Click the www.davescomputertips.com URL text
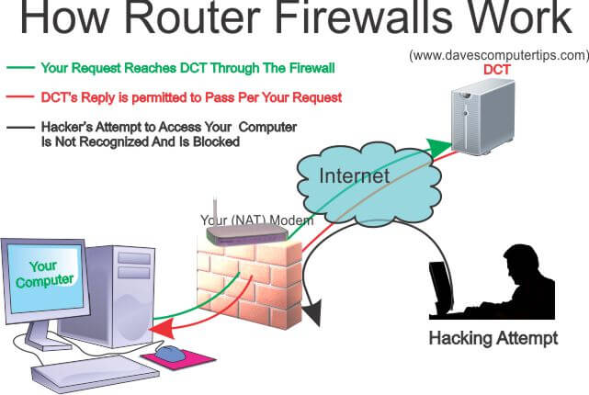[x=499, y=55]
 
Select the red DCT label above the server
[x=496, y=70]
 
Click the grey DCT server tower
[x=482, y=118]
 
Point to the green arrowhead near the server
[x=439, y=146]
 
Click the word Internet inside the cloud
[x=354, y=175]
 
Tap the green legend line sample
[x=20, y=68]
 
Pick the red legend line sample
[x=20, y=96]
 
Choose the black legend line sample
[x=20, y=128]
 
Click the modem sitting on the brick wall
[x=247, y=234]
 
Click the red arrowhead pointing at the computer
[x=163, y=329]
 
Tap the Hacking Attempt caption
[x=493, y=338]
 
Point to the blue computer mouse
[x=171, y=353]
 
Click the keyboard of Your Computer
[x=95, y=373]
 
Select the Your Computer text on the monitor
[x=44, y=274]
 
